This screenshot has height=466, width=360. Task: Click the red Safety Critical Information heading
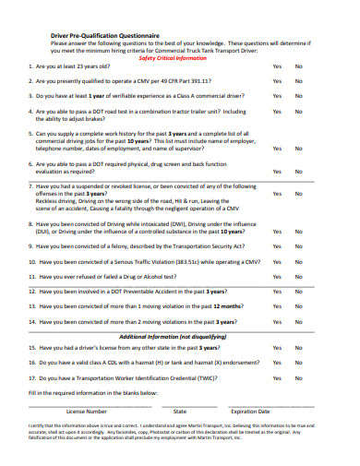click(173, 57)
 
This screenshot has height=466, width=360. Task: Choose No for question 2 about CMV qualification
click(298, 81)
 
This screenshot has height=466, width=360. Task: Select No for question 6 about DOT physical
click(298, 171)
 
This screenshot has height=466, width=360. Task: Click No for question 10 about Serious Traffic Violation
click(298, 262)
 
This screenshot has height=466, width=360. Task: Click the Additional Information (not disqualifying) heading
click(173, 336)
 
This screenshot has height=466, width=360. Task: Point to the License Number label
click(87, 411)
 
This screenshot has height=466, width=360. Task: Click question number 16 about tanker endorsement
click(32, 364)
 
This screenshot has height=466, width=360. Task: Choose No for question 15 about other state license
click(298, 348)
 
